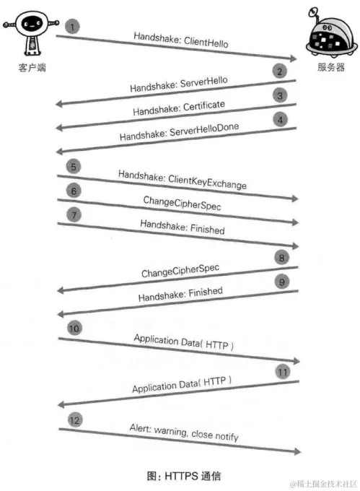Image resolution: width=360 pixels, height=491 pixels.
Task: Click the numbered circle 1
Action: coord(72,27)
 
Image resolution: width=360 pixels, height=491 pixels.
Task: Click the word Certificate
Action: coord(200,108)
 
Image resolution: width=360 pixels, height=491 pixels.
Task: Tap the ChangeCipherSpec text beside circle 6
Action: coord(182,204)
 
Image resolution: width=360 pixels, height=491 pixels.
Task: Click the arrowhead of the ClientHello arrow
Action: coord(294,58)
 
